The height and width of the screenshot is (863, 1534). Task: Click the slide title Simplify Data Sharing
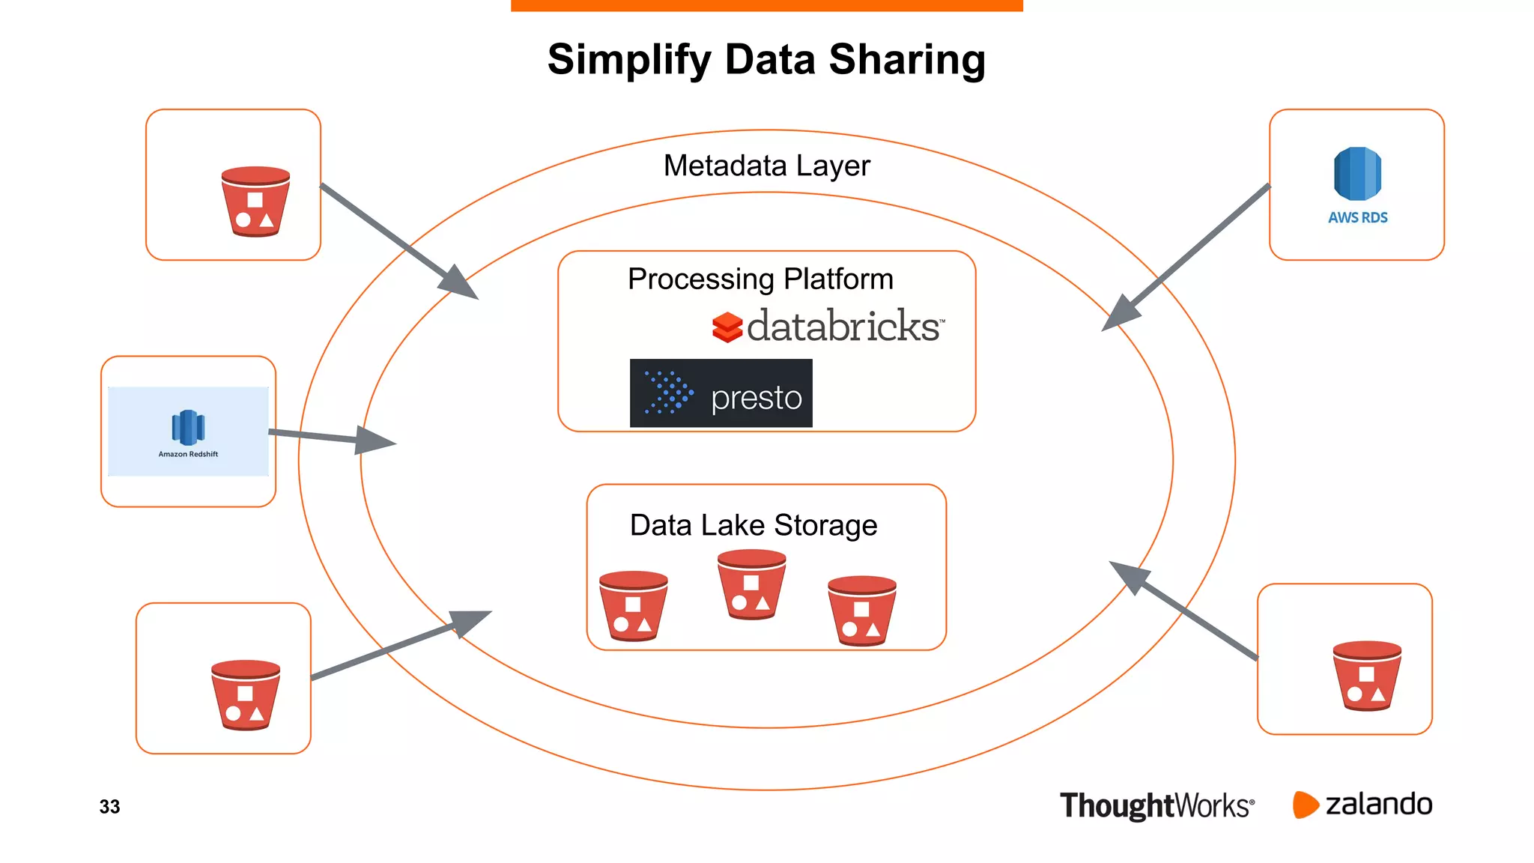pyautogui.click(x=766, y=60)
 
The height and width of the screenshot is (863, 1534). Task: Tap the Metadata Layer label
pyautogui.click(x=766, y=166)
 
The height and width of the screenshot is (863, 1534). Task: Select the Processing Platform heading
pyautogui.click(x=760, y=279)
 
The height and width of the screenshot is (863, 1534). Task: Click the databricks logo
pyautogui.click(x=828, y=326)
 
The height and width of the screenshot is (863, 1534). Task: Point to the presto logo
pyautogui.click(x=721, y=393)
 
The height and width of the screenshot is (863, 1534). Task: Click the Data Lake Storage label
pyautogui.click(x=753, y=525)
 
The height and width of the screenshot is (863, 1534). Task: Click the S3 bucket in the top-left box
pyautogui.click(x=255, y=202)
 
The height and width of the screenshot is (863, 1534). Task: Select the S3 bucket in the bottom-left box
pyautogui.click(x=246, y=694)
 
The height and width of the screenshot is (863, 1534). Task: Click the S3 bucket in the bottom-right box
pyautogui.click(x=1367, y=675)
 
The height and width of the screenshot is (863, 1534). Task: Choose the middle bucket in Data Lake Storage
pyautogui.click(x=751, y=584)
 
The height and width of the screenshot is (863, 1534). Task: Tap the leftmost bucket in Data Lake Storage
pyautogui.click(x=633, y=605)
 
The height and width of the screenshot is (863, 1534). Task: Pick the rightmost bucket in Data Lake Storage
pyautogui.click(x=861, y=610)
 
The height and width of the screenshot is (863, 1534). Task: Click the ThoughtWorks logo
pyautogui.click(x=1156, y=806)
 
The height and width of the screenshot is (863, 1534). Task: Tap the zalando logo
pyautogui.click(x=1362, y=805)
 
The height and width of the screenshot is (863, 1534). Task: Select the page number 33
pyautogui.click(x=109, y=807)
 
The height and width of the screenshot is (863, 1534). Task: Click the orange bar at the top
pyautogui.click(x=766, y=5)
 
